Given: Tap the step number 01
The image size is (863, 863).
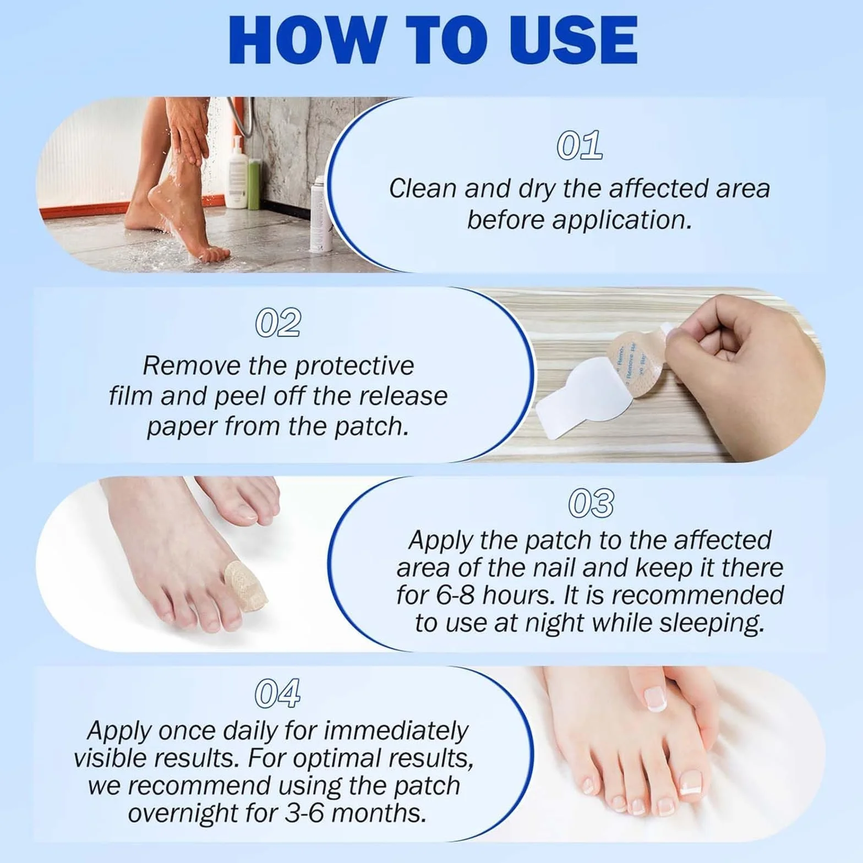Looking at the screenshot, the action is pyautogui.click(x=578, y=146).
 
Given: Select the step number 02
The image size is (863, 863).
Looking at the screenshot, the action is pyautogui.click(x=278, y=323).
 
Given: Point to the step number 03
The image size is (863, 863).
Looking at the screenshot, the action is pyautogui.click(x=591, y=503).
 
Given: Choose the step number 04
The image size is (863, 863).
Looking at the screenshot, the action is pyautogui.click(x=278, y=693).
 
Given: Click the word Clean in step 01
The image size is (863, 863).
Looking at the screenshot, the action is pyautogui.click(x=423, y=189).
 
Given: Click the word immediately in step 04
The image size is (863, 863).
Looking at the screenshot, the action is pyautogui.click(x=396, y=730).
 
